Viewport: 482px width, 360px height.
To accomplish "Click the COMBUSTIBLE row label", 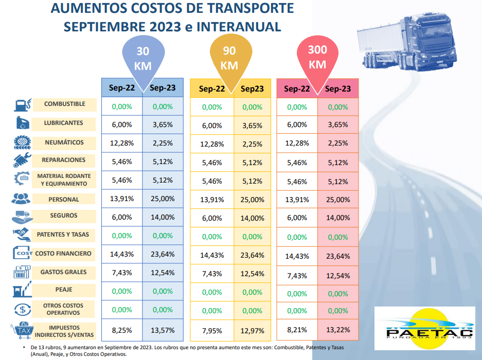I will coord(64,104).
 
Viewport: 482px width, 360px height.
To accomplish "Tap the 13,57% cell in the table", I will coord(163,330).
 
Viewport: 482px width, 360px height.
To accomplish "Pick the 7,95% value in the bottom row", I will coord(211,331).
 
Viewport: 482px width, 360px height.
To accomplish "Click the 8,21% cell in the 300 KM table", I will coord(297,330).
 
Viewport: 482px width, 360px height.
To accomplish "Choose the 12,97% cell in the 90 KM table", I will coord(252,331).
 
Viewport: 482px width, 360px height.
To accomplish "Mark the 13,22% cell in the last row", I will coord(338,330).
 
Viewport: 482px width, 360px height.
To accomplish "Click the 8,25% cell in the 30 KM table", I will coord(121,330).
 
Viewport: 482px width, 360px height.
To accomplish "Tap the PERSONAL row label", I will coord(64,199).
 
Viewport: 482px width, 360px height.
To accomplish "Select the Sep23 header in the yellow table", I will coord(252,89).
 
